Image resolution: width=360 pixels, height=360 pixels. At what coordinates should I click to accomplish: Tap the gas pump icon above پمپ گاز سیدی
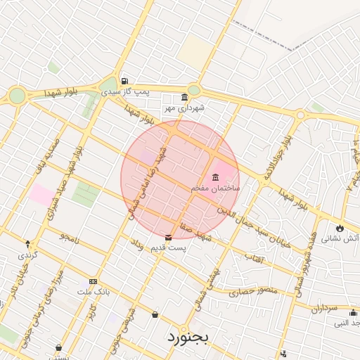[124, 81]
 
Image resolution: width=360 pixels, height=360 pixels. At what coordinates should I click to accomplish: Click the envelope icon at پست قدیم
[168, 238]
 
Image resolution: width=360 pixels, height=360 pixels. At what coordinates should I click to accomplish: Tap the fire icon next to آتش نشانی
[340, 228]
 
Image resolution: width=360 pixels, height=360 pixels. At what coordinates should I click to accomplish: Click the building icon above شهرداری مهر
[184, 96]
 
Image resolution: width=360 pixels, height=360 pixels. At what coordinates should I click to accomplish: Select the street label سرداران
[326, 309]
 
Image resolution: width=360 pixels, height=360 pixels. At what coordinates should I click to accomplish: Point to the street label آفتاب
[253, 258]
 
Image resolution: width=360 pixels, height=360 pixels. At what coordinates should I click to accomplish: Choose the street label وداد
[137, 245]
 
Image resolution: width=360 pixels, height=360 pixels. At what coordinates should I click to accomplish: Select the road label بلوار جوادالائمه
[276, 153]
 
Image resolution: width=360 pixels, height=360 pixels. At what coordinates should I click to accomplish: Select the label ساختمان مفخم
[216, 189]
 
